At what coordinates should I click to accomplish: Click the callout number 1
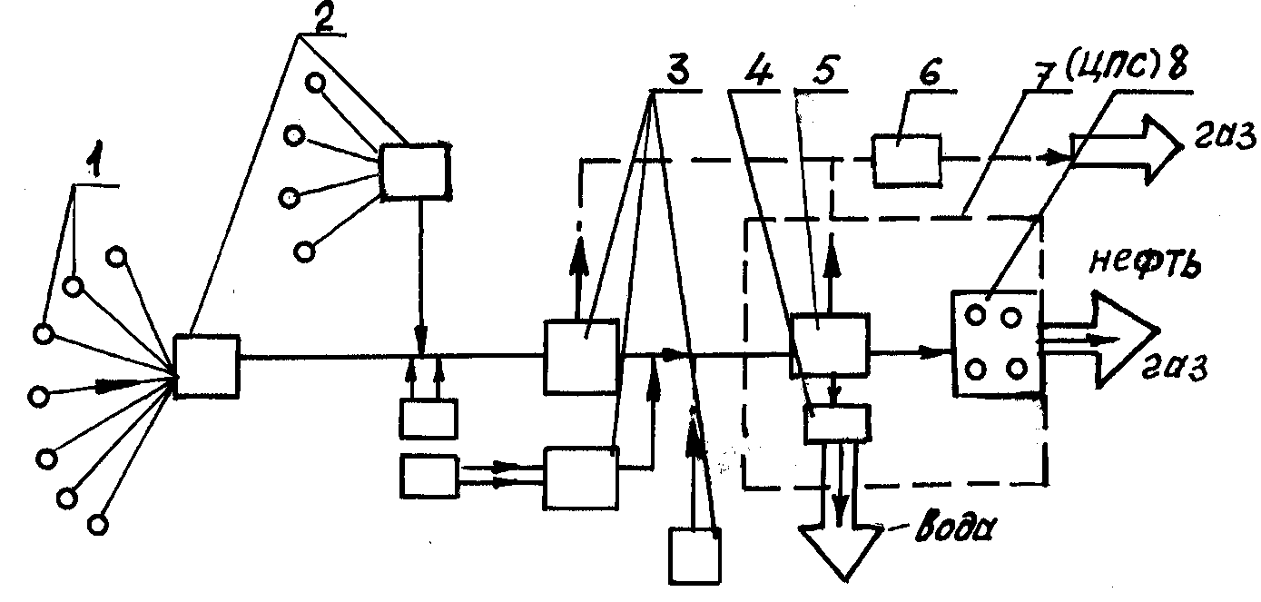click(x=95, y=160)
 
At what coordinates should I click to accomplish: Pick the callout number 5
click(x=824, y=71)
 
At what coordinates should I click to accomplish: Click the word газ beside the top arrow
click(x=1225, y=137)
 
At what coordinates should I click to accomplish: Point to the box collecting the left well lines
click(x=206, y=367)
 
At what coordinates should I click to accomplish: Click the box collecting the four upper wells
click(x=416, y=172)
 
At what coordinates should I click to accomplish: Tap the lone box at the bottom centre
click(x=695, y=556)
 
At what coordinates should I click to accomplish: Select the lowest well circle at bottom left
click(x=98, y=525)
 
